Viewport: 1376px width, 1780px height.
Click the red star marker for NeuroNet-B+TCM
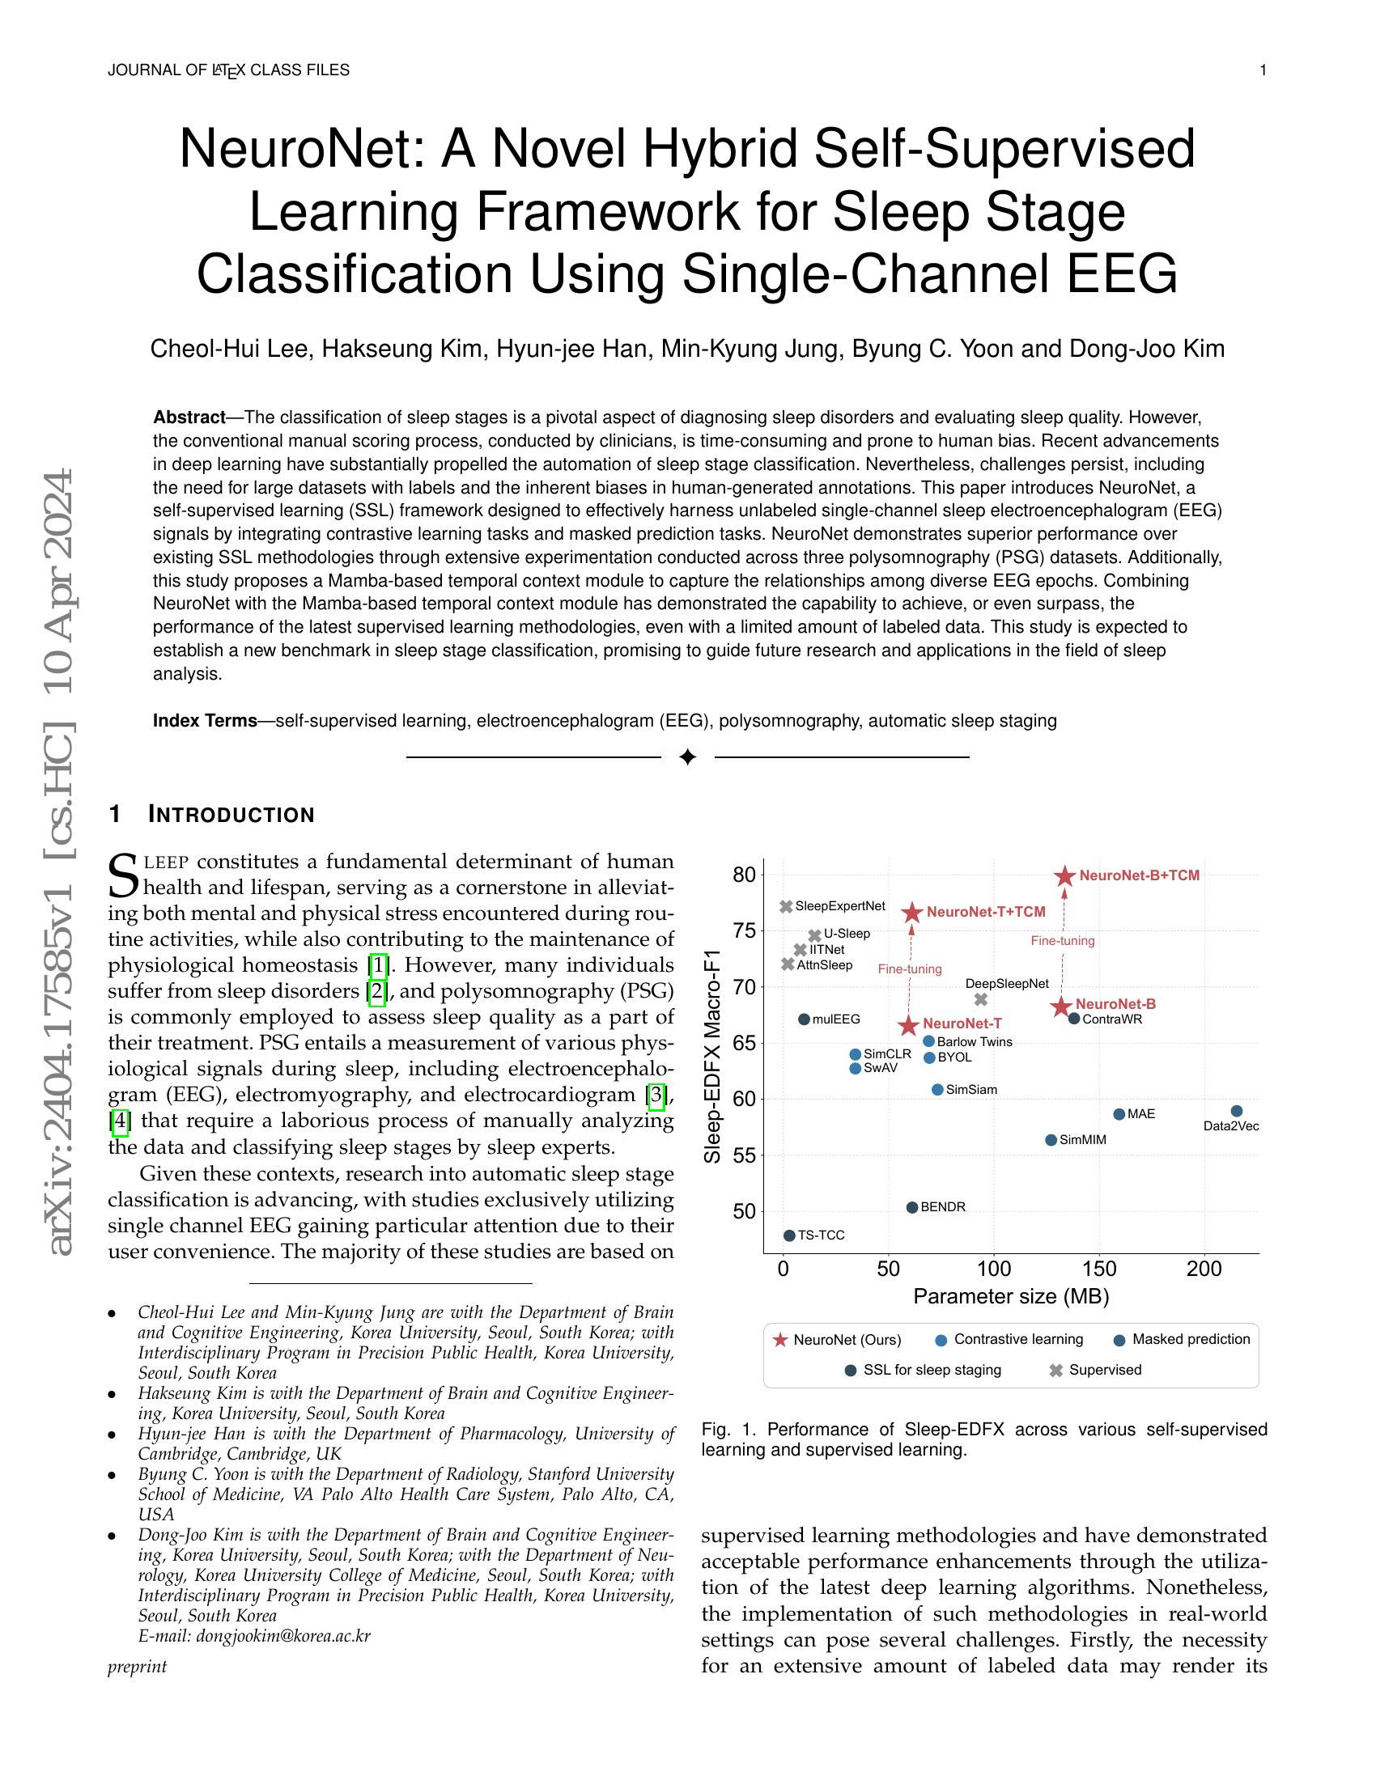coord(1064,876)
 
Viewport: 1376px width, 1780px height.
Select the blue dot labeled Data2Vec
coord(1236,1111)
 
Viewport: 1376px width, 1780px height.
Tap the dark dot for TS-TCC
coord(789,1235)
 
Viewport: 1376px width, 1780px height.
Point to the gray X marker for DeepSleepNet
coord(981,999)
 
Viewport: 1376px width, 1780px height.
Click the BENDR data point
coord(912,1207)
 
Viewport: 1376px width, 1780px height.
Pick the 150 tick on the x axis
coord(1099,1269)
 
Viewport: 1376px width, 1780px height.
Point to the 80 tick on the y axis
coord(744,875)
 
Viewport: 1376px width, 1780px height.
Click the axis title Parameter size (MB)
coord(1011,1297)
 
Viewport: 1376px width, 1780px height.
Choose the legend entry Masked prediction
coord(1190,1339)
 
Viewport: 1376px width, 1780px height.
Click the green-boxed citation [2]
coord(377,992)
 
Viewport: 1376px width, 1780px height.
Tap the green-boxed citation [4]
coord(120,1121)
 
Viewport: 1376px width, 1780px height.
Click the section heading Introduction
coord(231,814)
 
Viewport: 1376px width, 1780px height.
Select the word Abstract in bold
coord(189,417)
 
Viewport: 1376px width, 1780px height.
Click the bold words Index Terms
coord(205,720)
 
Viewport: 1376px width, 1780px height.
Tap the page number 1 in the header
coord(1263,70)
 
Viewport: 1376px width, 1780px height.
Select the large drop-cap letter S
coord(124,875)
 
